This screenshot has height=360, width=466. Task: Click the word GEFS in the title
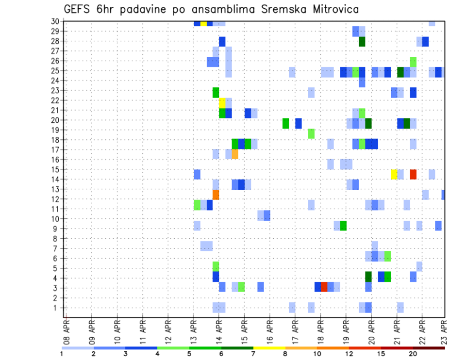tap(78, 9)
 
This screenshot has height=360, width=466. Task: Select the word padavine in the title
tap(153, 9)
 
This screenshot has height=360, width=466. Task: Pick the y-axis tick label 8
tap(56, 239)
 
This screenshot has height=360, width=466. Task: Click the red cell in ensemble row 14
tap(413, 174)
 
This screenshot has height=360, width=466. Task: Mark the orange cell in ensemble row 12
tap(216, 194)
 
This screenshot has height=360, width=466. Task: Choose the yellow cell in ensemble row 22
tap(222, 103)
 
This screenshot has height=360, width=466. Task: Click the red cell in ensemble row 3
tap(324, 286)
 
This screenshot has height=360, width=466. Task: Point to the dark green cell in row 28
tap(362, 42)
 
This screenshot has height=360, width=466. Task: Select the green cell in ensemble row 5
tap(216, 266)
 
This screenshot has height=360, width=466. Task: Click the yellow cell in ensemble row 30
tap(203, 23)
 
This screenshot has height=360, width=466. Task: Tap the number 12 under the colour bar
tap(349, 354)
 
